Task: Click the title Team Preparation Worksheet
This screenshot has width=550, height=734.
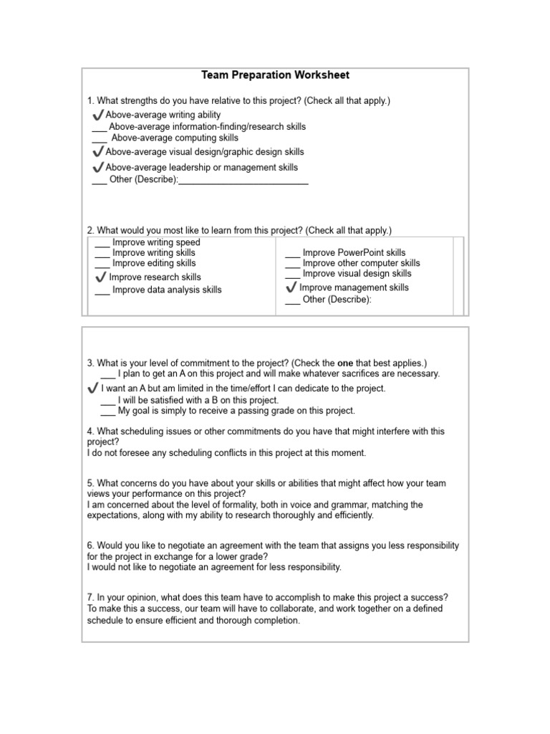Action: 275,75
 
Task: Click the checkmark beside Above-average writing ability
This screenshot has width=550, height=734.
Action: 98,115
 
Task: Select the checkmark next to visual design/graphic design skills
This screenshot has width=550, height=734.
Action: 98,152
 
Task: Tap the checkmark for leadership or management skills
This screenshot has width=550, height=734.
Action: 98,167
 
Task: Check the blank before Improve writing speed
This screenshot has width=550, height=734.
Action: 102,244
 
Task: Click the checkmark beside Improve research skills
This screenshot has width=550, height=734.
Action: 101,277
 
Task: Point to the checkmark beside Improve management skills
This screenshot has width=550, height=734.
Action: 291,287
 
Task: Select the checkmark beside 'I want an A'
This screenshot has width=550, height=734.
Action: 92,388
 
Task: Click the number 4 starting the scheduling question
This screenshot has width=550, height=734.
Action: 90,432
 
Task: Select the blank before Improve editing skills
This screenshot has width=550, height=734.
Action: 102,265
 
